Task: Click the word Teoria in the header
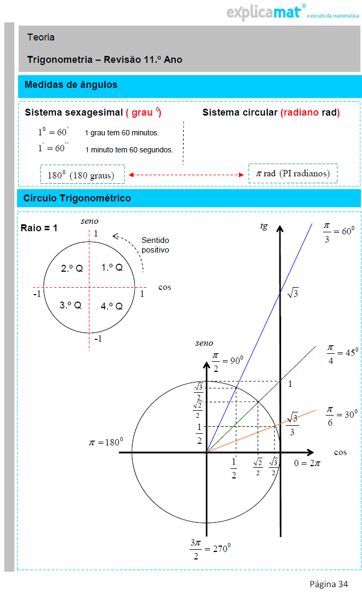pyautogui.click(x=41, y=37)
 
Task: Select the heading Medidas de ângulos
pyautogui.click(x=71, y=85)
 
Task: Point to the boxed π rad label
pyautogui.click(x=293, y=174)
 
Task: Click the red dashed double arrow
pyautogui.click(x=186, y=174)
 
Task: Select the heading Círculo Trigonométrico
pyautogui.click(x=77, y=198)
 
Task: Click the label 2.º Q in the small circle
pyautogui.click(x=72, y=269)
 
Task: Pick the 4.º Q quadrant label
pyautogui.click(x=112, y=306)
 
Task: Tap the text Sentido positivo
pyautogui.click(x=155, y=245)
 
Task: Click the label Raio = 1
pyautogui.click(x=39, y=228)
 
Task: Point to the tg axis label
pyautogui.click(x=264, y=226)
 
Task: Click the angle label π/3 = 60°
pyautogui.click(x=339, y=232)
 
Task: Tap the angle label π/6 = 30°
pyautogui.click(x=341, y=415)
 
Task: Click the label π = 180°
pyautogui.click(x=106, y=442)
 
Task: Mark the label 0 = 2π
pyautogui.click(x=307, y=463)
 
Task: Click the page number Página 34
pyautogui.click(x=329, y=584)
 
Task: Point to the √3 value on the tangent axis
pyautogui.click(x=293, y=293)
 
